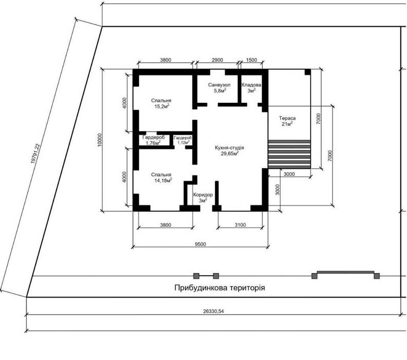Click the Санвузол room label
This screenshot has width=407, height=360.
[x=219, y=87]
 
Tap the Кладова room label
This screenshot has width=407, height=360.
[x=251, y=87]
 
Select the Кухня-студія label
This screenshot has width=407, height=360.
[x=229, y=151]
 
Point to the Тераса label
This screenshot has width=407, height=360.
[x=287, y=121]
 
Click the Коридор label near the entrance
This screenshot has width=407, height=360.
[x=203, y=197]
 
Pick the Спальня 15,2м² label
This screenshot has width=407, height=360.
[x=161, y=103]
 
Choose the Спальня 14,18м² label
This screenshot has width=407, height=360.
[x=162, y=177]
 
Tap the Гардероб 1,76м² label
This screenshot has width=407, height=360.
[x=153, y=140]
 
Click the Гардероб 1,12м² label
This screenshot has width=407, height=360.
[x=183, y=140]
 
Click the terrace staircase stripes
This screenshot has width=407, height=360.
[x=289, y=154]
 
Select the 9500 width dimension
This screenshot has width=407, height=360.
[x=200, y=244]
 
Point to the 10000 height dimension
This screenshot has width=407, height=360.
[x=100, y=140]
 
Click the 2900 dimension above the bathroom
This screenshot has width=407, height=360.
[x=217, y=60]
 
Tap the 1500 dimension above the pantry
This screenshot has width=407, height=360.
[x=251, y=60]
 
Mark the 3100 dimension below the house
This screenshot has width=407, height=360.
[x=240, y=225]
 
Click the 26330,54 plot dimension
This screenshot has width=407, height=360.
[x=214, y=311]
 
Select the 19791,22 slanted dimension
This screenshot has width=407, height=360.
[x=36, y=153]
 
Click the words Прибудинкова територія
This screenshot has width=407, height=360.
[x=220, y=288]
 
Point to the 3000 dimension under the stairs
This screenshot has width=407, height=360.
[x=289, y=174]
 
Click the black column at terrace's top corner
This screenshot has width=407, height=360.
[x=308, y=72]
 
